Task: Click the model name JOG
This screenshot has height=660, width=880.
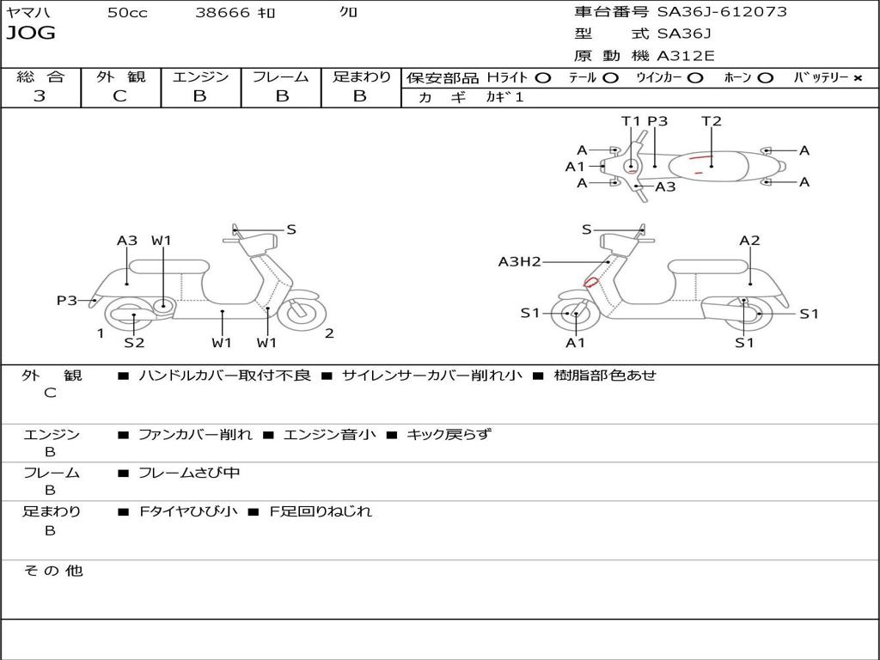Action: (x=31, y=34)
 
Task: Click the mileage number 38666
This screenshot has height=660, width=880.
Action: (x=223, y=13)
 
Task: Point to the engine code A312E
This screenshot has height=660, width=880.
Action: (x=685, y=57)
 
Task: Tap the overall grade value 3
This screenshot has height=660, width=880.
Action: (x=40, y=96)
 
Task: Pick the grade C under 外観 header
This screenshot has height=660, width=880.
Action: (x=120, y=96)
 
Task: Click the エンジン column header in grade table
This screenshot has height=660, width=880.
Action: (x=200, y=77)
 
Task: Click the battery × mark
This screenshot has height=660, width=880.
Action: (x=857, y=78)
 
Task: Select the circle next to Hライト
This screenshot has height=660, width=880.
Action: (x=542, y=78)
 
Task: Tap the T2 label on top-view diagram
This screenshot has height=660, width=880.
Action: (x=712, y=121)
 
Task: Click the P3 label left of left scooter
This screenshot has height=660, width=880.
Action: (x=67, y=300)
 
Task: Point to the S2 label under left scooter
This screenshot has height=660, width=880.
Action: (x=134, y=343)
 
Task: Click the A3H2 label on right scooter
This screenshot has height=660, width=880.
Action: (x=520, y=262)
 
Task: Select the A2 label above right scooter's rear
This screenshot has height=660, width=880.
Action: (x=750, y=241)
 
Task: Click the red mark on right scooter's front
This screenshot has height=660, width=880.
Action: (x=591, y=282)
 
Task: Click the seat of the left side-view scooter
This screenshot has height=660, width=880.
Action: (x=180, y=266)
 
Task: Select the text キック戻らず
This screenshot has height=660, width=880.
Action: (x=449, y=435)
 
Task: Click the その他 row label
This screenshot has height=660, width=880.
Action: (x=52, y=571)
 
